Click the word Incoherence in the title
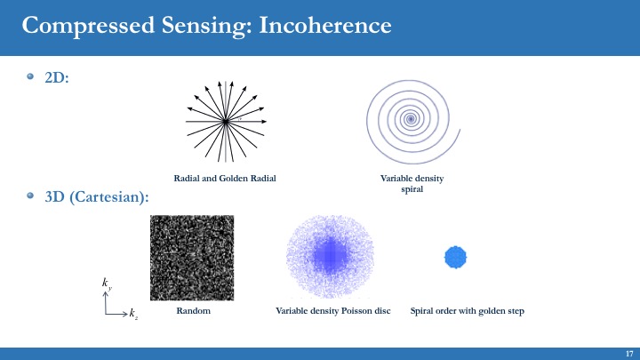tap(325, 25)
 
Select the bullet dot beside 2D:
tap(30, 76)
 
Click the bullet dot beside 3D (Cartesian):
tap(30, 196)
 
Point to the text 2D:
tap(57, 77)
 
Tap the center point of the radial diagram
tap(226, 121)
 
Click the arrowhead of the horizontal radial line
tap(264, 121)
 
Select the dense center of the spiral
tap(411, 119)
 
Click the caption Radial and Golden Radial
tap(225, 179)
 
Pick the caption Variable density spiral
tap(412, 184)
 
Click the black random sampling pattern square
tap(192, 258)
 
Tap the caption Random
tap(194, 310)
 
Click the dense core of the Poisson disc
tap(330, 255)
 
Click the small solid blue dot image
tap(455, 257)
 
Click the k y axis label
tap(107, 284)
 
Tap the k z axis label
tap(133, 314)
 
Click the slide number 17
tap(629, 354)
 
